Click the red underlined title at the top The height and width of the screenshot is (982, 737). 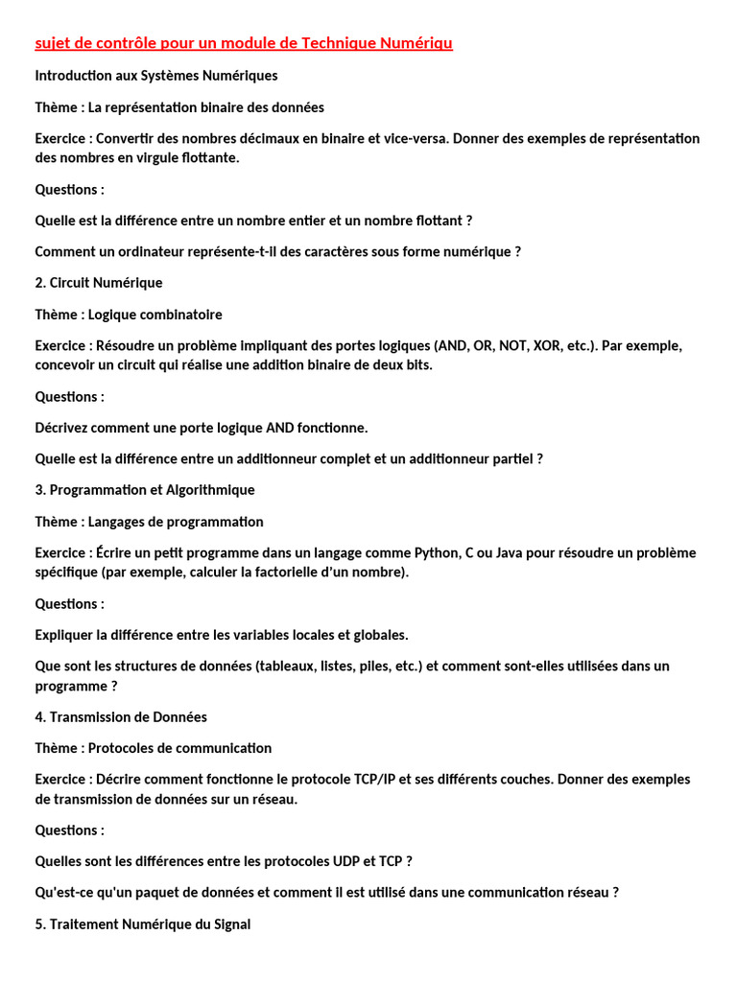(244, 43)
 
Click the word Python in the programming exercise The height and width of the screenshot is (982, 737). (437, 552)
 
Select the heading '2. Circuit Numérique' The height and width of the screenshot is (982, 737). (99, 283)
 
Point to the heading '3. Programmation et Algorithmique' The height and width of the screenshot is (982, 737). (145, 490)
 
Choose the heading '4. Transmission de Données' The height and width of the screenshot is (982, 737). (121, 717)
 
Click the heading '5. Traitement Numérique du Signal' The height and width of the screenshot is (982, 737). (143, 925)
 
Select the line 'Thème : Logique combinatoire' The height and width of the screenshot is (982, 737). (129, 315)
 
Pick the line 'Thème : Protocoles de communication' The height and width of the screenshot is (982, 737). (154, 748)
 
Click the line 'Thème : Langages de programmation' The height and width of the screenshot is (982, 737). (149, 522)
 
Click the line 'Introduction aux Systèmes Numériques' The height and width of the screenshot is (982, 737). (156, 75)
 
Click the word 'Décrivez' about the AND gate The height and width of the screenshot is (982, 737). (64, 428)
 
